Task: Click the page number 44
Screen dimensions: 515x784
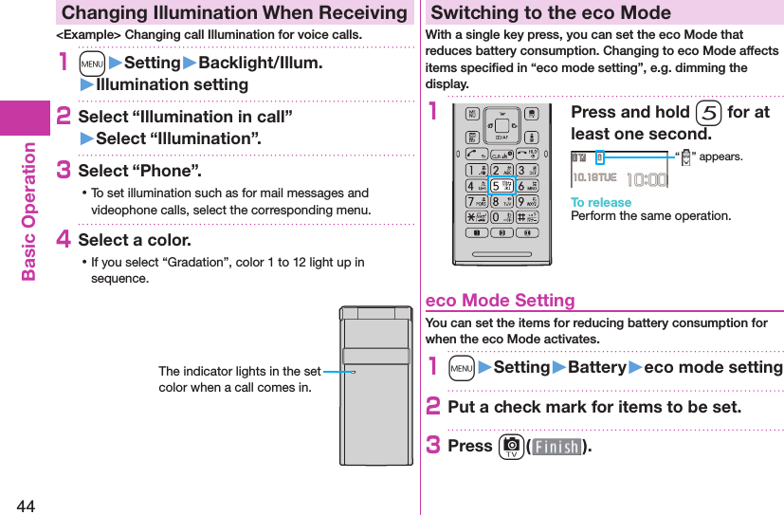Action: [25, 504]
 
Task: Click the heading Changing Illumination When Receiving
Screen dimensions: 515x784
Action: [234, 12]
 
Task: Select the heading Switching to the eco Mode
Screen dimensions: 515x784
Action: [551, 12]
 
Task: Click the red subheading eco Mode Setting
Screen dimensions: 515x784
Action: [501, 301]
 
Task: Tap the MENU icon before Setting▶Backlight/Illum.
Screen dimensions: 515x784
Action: [92, 63]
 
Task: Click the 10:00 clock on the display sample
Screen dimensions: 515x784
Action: [647, 179]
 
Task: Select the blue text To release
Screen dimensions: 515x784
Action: [600, 202]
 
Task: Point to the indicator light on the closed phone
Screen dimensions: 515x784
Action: [349, 372]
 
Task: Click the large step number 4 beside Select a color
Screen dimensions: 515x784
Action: [64, 239]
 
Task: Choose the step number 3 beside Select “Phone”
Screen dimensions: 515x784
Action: [64, 170]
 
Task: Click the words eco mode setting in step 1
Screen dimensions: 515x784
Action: [713, 367]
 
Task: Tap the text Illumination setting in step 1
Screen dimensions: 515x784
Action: [172, 84]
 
